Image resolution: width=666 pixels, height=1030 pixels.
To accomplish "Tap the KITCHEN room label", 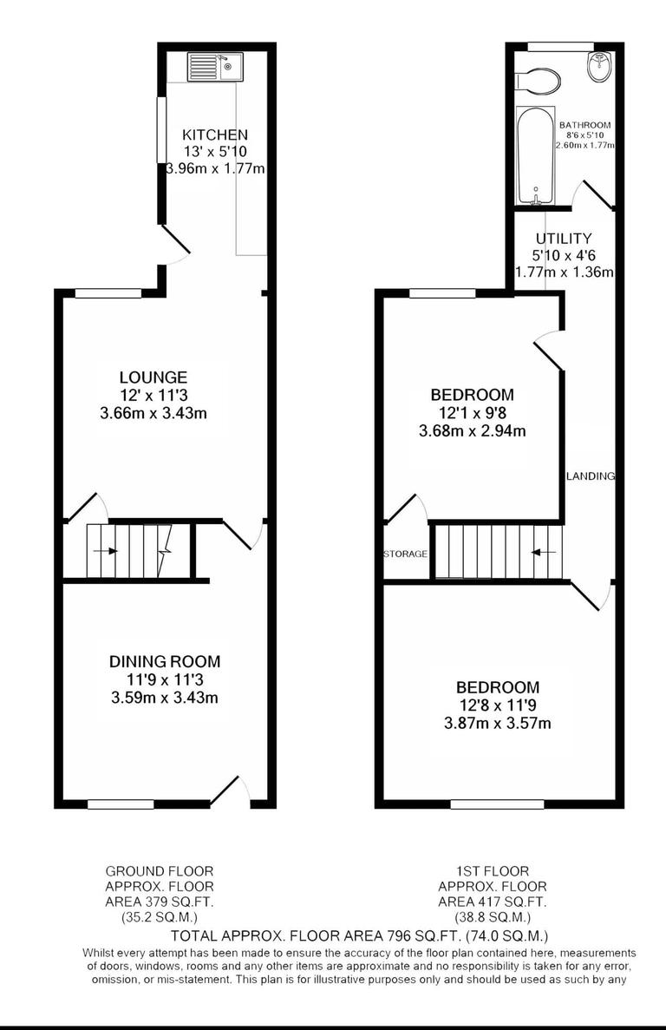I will pos(215,134).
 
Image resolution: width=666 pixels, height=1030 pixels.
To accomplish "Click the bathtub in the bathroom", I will pos(535,156).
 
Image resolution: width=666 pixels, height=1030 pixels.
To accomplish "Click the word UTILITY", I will pos(564,239).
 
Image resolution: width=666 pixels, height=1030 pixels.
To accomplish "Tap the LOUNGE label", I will pos(153,377).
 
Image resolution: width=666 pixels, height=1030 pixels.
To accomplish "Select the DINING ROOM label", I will pos(165,661).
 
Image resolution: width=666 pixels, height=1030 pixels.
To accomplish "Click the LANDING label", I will pos(591,476).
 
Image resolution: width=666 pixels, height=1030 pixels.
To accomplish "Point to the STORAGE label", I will pos(406,554).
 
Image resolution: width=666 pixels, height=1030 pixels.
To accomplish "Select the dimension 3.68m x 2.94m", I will pos(473,430).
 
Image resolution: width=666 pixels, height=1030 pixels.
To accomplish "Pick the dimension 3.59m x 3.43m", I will pos(165,698).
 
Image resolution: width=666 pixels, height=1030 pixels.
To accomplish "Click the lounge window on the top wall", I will pos(108,293).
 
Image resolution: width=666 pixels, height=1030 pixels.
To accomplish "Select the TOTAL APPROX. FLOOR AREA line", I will pos(359,935).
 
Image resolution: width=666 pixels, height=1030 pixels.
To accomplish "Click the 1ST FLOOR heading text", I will pos(493,870).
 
